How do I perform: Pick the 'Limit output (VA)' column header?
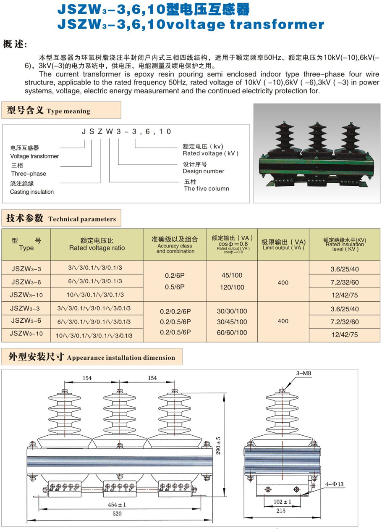[283, 245]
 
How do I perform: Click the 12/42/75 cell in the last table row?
[345, 335]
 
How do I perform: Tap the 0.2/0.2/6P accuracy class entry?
[175, 311]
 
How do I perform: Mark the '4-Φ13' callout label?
[334, 484]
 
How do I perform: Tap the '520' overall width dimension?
[117, 513]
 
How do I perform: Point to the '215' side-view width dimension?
[281, 511]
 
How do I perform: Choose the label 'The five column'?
[207, 189]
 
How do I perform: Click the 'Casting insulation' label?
[32, 192]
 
